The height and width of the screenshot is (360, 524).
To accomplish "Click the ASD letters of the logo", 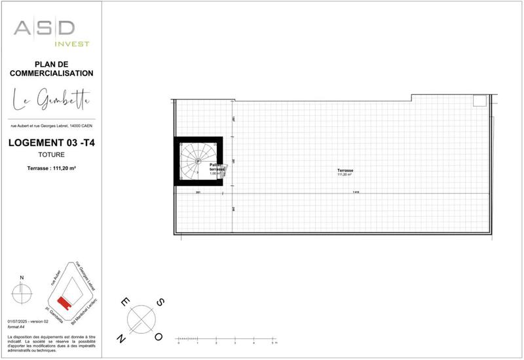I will (x=45, y=29).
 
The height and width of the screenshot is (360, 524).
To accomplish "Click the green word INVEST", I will (x=71, y=44).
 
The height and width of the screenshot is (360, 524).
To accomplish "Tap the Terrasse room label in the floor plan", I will (x=345, y=171).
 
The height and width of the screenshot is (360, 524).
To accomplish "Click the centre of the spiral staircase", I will (x=197, y=161).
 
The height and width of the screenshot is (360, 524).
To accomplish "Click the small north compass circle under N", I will (x=22, y=294).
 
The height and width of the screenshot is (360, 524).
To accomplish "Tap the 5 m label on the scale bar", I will (x=273, y=343).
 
